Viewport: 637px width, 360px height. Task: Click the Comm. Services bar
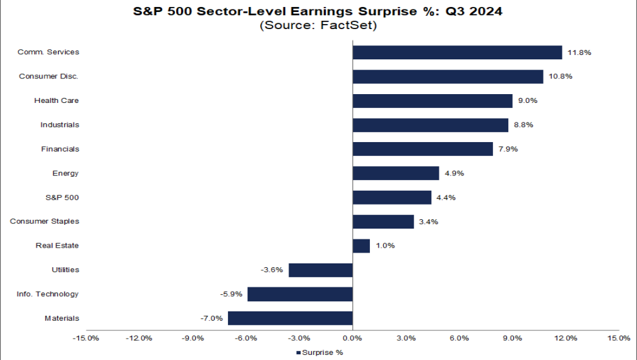tap(457, 52)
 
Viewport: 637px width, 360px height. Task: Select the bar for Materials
tap(290, 318)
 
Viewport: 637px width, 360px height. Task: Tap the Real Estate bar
tap(361, 246)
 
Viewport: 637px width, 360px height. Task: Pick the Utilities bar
tap(320, 270)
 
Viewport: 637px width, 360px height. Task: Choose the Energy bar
tap(395, 173)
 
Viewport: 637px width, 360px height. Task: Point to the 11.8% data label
tap(579, 52)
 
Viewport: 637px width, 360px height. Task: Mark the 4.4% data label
tap(446, 198)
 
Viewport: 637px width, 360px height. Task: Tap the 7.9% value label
tap(508, 149)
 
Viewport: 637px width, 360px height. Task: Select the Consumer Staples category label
tap(44, 222)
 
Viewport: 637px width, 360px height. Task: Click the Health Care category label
tap(56, 100)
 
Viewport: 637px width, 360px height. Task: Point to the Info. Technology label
tap(48, 294)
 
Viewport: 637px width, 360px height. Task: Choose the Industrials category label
tap(59, 125)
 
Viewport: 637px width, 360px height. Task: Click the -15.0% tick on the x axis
tap(85, 338)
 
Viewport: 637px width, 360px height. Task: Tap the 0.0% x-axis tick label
tap(352, 338)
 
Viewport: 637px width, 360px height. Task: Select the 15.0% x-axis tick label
tap(619, 338)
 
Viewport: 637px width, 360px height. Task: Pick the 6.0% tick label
tap(459, 338)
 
